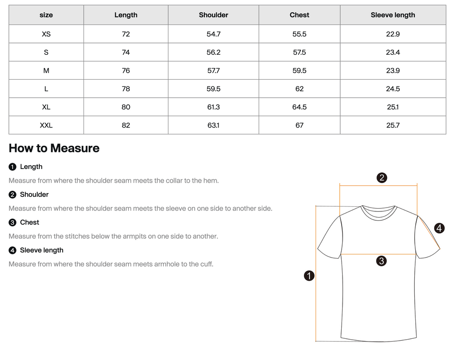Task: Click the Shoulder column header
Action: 213,15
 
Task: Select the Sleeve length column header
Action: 393,15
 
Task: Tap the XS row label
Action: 46,34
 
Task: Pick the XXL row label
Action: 46,126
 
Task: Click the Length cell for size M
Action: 126,71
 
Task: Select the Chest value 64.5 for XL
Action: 299,107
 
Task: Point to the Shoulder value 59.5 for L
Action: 213,89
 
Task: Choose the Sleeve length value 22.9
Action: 393,34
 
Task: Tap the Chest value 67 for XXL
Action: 299,126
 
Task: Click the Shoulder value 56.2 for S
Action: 213,52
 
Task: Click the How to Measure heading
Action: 54,148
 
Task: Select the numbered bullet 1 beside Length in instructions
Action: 12,167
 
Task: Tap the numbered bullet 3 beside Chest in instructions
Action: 12,223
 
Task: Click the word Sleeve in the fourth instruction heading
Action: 30,250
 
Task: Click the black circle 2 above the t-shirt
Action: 382,178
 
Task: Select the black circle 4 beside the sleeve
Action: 439,228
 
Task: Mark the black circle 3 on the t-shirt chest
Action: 381,260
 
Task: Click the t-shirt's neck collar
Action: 378,210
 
